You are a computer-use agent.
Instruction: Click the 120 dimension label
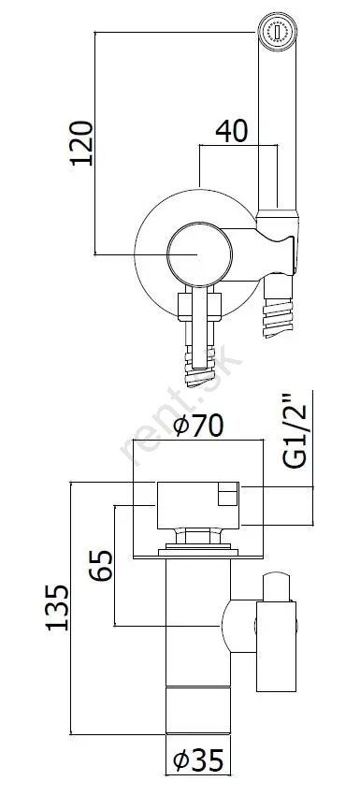click(x=81, y=143)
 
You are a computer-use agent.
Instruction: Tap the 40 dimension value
click(x=231, y=131)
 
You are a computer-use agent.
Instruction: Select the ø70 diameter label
click(x=198, y=426)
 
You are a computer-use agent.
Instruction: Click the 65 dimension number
click(x=101, y=566)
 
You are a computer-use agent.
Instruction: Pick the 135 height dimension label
click(x=57, y=608)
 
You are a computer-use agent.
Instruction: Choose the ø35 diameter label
click(x=198, y=760)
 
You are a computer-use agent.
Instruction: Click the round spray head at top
click(x=278, y=32)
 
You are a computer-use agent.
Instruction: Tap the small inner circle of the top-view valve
click(x=199, y=254)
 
